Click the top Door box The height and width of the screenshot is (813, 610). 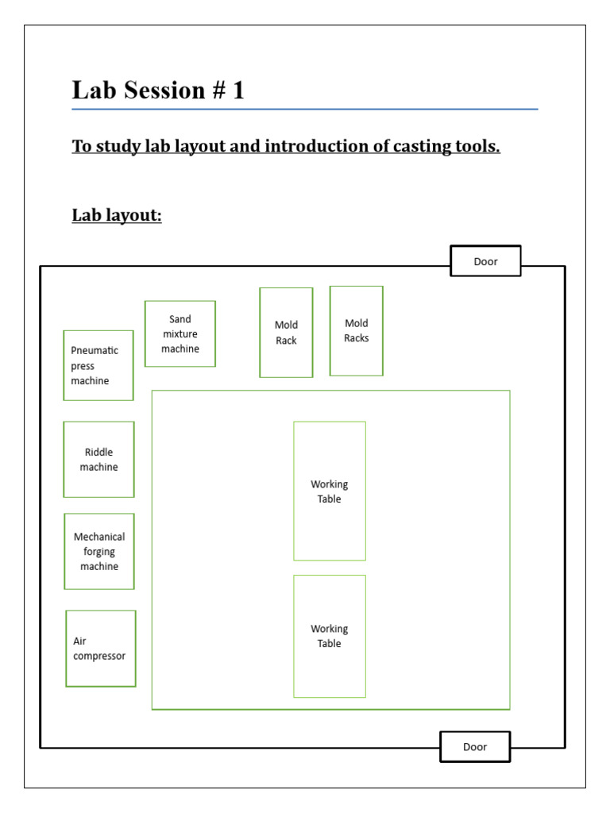pos(485,261)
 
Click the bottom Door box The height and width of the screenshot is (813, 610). pos(475,746)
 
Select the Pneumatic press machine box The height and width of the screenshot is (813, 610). pos(98,365)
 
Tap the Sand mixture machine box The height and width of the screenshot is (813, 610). pos(180,333)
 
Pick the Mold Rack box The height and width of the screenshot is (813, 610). pos(286,333)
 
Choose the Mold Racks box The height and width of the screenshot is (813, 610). pos(357,330)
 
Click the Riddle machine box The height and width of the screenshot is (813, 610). pos(98,459)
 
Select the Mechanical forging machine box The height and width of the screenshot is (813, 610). pos(99,551)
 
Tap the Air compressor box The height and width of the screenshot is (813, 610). pos(101,649)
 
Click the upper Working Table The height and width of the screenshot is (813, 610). pos(330,491)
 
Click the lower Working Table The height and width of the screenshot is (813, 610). pos(330,636)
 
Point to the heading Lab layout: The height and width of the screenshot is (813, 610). pos(117,215)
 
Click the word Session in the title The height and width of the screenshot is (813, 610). pos(164,91)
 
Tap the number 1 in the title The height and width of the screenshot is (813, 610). pos(238,91)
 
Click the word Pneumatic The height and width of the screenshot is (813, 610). pos(95,350)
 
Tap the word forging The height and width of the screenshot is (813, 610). pos(99,552)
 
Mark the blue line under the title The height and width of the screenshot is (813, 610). pos(304,109)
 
